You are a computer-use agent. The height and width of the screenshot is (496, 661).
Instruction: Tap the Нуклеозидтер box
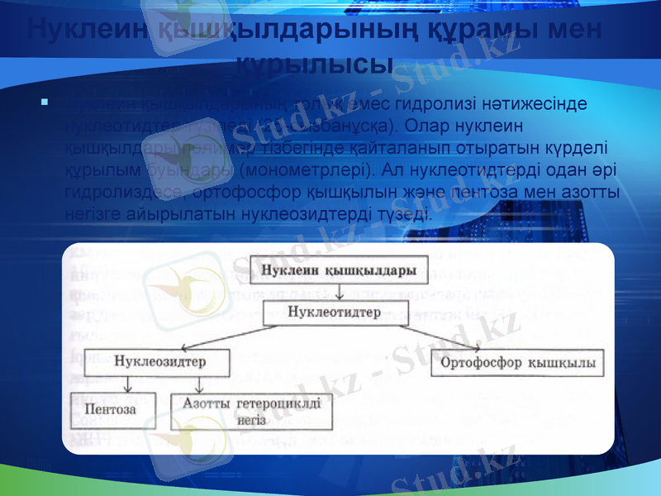click(160, 362)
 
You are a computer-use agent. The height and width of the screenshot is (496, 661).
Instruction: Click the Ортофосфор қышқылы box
click(517, 363)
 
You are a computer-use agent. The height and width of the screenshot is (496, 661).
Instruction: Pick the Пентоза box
click(113, 408)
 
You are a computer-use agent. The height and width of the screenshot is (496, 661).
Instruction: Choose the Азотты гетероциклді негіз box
click(251, 411)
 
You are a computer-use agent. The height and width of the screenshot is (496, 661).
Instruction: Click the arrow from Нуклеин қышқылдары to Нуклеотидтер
click(340, 292)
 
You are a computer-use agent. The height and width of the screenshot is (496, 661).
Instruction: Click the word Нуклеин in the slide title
click(74, 29)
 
